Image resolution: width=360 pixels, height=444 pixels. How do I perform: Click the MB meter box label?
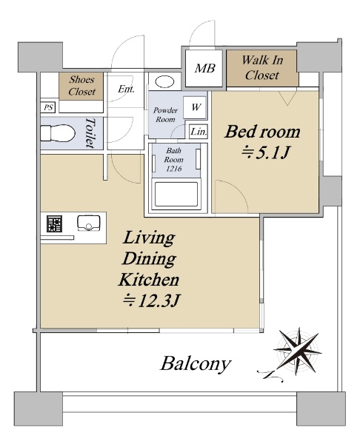(x=204, y=68)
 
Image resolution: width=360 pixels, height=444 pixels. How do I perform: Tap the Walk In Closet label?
(x=262, y=67)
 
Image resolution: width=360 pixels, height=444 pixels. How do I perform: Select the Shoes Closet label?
(x=81, y=85)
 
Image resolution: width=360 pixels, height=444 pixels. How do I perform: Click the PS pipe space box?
(x=48, y=107)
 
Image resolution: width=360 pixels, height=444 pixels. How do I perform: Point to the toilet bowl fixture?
(x=58, y=133)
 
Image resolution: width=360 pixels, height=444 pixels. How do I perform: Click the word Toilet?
(x=90, y=132)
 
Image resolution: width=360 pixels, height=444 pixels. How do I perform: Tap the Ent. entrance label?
(x=126, y=89)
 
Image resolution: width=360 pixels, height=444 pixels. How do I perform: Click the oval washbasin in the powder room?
(x=164, y=82)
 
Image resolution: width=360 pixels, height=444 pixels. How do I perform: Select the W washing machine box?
(x=195, y=107)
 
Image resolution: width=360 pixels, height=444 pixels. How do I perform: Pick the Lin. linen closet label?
(x=199, y=132)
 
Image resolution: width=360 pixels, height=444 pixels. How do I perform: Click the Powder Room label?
(x=165, y=115)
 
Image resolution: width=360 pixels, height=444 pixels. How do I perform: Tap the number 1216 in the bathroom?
(x=173, y=169)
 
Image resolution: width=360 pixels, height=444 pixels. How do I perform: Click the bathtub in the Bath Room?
(x=176, y=194)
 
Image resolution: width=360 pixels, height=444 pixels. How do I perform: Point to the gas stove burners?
(x=54, y=224)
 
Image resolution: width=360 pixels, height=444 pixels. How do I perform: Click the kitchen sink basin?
(x=89, y=223)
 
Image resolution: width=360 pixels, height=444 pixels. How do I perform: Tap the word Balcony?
(x=196, y=364)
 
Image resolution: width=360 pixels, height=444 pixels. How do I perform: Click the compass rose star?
(x=297, y=351)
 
